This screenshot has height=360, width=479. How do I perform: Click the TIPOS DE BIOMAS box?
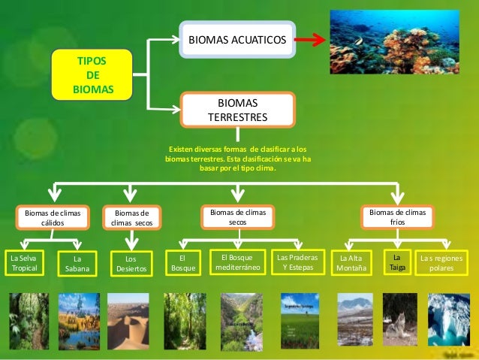[x=93, y=75]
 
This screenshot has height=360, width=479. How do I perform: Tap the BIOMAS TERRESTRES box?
[x=237, y=110]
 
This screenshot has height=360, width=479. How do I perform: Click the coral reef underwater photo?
[x=395, y=41]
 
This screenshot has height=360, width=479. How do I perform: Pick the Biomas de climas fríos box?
[x=397, y=218]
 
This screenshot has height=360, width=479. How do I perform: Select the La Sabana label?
[x=77, y=263]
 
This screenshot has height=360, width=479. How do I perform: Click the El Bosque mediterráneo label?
[x=237, y=262]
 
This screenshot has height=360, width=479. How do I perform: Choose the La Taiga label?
[x=398, y=262]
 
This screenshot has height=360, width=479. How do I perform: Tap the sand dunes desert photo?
[x=128, y=321]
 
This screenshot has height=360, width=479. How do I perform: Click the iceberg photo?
[x=449, y=319]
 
